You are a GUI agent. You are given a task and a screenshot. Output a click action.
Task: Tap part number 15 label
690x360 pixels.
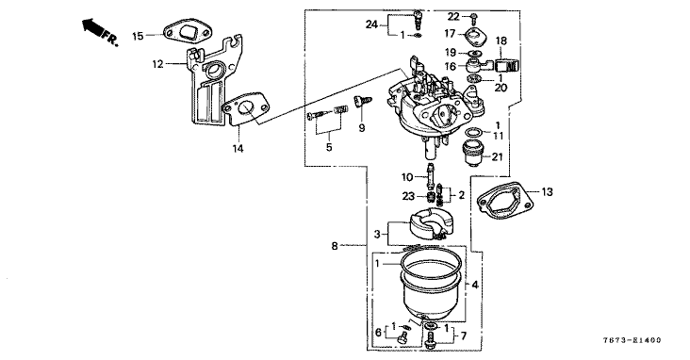click(138, 36)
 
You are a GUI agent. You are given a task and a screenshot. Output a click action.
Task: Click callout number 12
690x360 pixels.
click(158, 64)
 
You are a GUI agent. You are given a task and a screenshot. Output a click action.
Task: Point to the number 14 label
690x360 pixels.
click(238, 149)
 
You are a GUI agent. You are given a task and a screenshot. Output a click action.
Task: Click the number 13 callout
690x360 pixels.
click(547, 192)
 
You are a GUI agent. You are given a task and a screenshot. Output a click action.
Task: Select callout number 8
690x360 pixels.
click(335, 247)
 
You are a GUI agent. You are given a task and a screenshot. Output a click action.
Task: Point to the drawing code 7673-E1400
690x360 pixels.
click(632, 340)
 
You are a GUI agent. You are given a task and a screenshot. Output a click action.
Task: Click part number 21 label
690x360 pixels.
click(498, 156)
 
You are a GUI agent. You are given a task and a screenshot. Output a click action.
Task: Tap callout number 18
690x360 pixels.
click(501, 41)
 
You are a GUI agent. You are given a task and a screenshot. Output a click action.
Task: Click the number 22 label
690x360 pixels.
click(453, 17)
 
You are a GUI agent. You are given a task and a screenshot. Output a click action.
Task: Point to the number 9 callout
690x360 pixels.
click(362, 128)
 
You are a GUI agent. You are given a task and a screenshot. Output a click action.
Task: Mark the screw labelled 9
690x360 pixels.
click(363, 102)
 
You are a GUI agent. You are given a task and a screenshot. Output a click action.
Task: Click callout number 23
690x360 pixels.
click(408, 196)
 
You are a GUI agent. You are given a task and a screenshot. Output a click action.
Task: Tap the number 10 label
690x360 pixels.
click(407, 178)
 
